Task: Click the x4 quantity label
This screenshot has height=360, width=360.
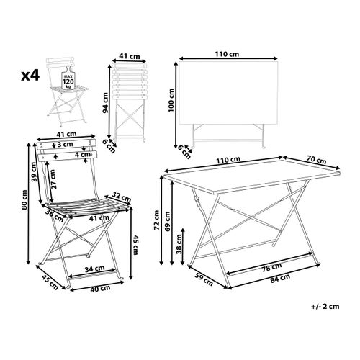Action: (30, 76)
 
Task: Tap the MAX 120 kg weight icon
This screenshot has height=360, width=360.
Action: (68, 78)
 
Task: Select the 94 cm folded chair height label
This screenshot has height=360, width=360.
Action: (106, 103)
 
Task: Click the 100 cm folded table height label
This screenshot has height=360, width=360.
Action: (171, 100)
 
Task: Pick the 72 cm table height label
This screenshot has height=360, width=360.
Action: (156, 220)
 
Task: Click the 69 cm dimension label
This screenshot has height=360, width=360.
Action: (168, 221)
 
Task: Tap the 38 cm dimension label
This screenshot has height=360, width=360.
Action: (179, 244)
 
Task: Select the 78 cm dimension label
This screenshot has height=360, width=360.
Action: (271, 267)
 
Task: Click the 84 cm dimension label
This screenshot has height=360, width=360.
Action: (280, 279)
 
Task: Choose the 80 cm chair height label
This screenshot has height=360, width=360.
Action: (24, 199)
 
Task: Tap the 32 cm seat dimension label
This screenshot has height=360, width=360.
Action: (122, 197)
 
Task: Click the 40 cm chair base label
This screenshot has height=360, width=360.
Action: (100, 288)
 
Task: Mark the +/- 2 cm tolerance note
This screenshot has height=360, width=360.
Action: (325, 306)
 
